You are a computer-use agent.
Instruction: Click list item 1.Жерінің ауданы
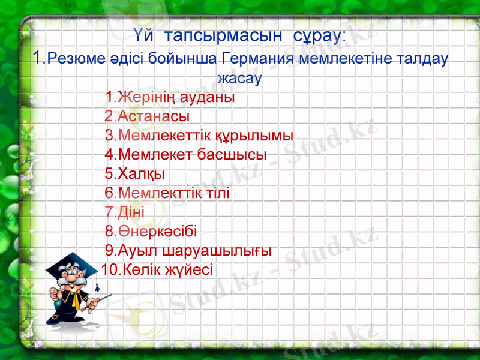[x=169, y=97]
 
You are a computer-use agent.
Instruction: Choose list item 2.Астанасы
[x=147, y=115]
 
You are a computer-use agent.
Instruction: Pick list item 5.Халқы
[x=135, y=174]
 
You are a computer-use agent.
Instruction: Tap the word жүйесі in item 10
[x=190, y=269]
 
